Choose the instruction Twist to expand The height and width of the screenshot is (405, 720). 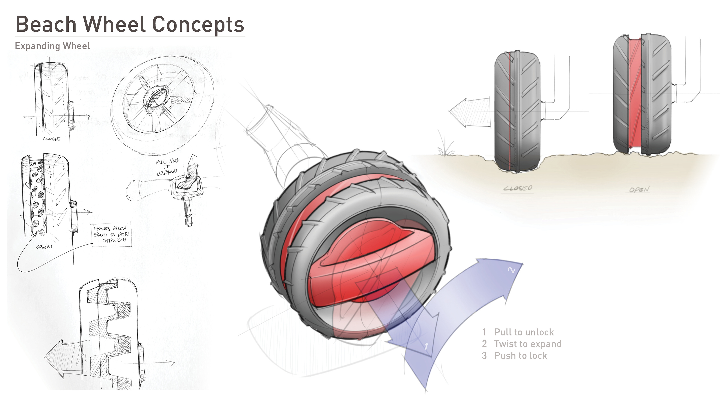(527, 344)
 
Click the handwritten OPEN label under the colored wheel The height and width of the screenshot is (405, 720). (639, 190)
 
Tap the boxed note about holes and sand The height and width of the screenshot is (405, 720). (111, 234)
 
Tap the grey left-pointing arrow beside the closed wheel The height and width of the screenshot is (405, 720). (469, 112)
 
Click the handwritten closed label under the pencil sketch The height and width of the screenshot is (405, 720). (51, 139)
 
